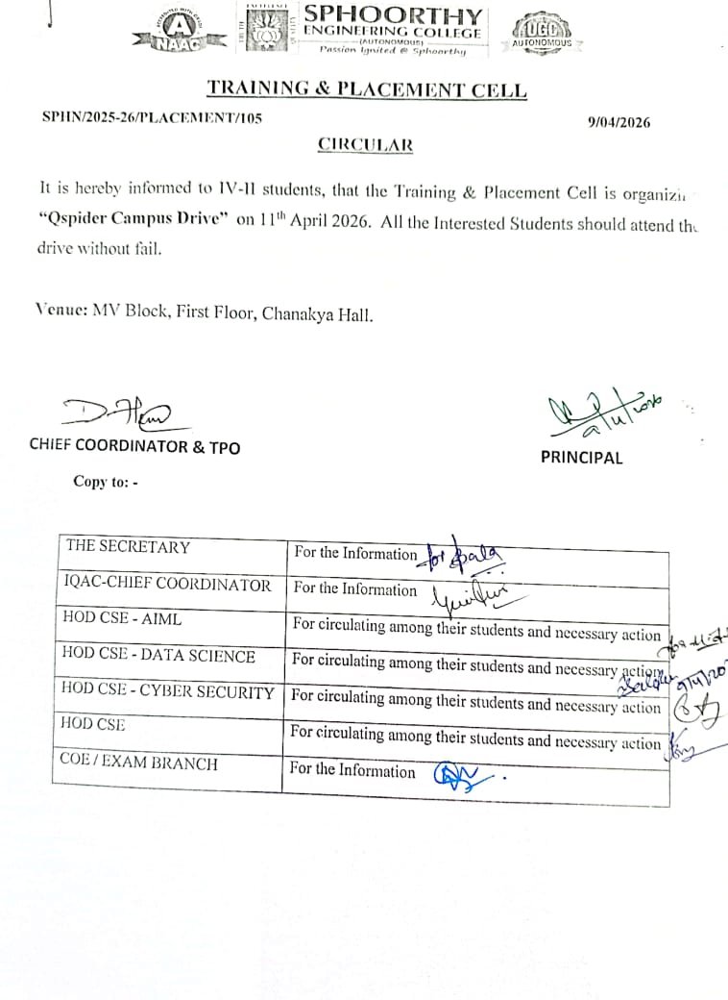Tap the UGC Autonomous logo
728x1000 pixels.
click(542, 31)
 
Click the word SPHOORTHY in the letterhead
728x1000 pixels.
click(393, 15)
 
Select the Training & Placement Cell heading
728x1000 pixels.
click(367, 90)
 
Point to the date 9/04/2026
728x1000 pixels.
click(619, 122)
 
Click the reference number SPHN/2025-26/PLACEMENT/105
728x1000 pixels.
click(152, 117)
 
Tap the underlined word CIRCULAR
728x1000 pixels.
click(366, 145)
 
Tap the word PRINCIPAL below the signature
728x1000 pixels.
click(581, 458)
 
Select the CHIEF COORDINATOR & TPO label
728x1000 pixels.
click(134, 447)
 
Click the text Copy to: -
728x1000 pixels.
click(106, 482)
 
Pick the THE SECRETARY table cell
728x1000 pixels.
click(128, 547)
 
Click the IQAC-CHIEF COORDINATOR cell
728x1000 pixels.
click(166, 585)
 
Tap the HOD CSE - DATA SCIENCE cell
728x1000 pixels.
click(158, 656)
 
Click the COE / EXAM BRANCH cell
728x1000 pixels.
click(139, 763)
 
